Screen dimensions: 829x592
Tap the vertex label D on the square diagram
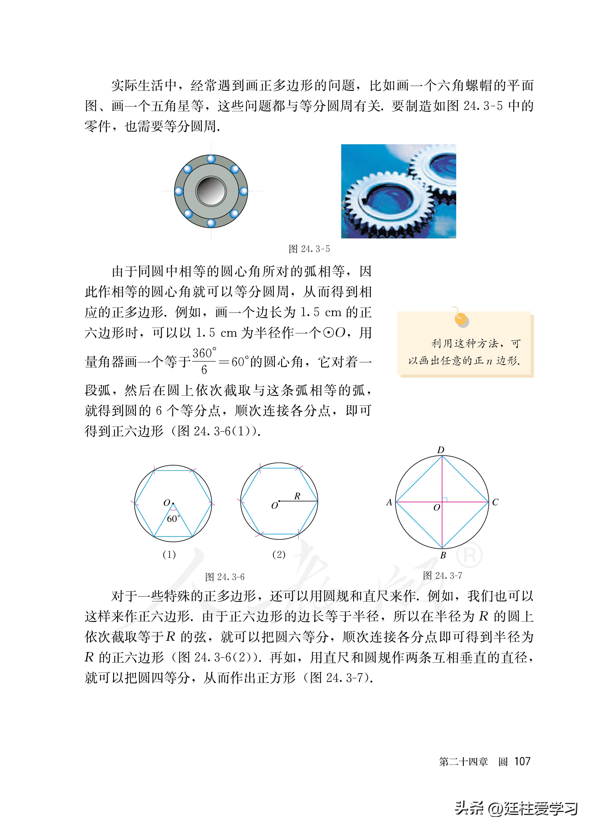[x=441, y=450]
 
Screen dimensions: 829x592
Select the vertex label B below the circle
[x=443, y=555]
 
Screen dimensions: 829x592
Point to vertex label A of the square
[x=389, y=502]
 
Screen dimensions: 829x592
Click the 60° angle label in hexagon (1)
[x=173, y=519]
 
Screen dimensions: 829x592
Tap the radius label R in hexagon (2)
[x=297, y=496]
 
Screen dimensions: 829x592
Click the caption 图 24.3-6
[x=225, y=577]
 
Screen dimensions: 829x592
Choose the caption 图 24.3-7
[x=442, y=575]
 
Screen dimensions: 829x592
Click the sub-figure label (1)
[x=169, y=554]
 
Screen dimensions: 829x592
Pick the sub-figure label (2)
[x=279, y=554]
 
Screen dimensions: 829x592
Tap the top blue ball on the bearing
[x=211, y=159]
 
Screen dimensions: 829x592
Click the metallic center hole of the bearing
[x=211, y=191]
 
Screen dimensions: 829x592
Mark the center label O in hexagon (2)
[x=275, y=506]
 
